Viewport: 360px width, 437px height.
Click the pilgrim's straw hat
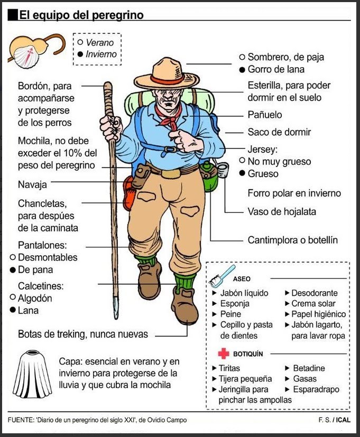coord(167,74)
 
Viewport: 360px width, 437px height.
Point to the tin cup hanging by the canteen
coord(223,170)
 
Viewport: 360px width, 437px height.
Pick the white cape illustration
coord(32,374)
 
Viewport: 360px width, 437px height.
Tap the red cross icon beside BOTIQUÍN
coord(224,354)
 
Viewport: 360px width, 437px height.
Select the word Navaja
coord(32,184)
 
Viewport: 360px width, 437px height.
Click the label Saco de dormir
coord(279,132)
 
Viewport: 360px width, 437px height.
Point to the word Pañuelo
coord(265,115)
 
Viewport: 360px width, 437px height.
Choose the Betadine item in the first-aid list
coord(309,368)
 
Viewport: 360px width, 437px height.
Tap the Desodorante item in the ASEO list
coord(314,293)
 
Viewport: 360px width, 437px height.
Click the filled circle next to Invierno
coord(80,54)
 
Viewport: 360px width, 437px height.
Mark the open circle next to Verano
coord(80,42)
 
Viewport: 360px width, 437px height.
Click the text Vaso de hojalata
coord(282,211)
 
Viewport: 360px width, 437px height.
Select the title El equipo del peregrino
coord(81,15)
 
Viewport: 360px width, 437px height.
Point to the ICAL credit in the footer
coord(343,420)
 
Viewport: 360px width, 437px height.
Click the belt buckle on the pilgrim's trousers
coord(171,174)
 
